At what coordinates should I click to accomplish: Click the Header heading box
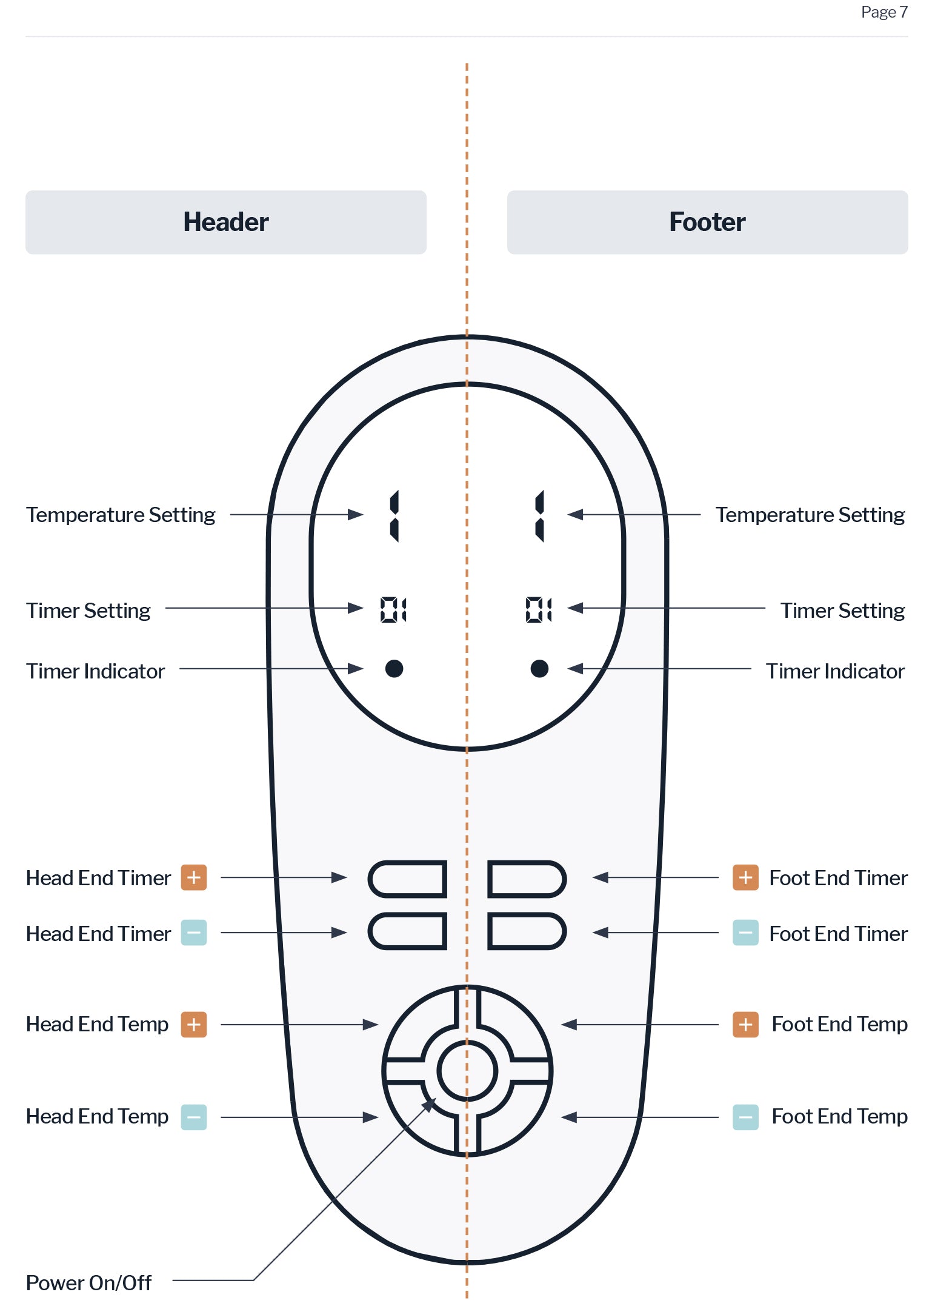226,222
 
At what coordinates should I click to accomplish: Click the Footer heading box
707,222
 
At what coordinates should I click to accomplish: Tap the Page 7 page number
884,12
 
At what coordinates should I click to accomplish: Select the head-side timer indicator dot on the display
394,668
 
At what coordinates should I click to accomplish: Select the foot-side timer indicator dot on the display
539,668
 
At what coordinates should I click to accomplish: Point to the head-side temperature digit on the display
394,515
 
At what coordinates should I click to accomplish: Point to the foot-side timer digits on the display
539,609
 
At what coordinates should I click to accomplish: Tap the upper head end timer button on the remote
407,879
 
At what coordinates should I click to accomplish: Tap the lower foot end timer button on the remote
527,931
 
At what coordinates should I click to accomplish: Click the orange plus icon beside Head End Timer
194,877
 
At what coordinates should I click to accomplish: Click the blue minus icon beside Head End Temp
194,1117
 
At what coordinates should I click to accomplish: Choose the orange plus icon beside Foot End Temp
745,1025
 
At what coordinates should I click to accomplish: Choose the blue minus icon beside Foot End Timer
745,933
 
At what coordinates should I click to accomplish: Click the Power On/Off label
88,1283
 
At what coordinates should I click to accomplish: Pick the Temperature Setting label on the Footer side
810,515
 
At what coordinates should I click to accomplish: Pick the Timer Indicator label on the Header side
95,671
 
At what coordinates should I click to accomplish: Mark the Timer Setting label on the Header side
88,611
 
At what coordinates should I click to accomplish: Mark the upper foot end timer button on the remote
527,879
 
